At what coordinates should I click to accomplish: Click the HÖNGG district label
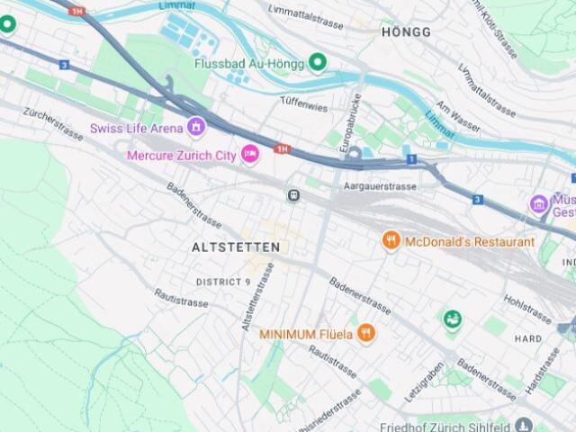click(x=406, y=32)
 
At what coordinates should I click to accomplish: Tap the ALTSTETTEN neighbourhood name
click(x=236, y=247)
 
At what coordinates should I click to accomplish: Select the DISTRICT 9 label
click(x=223, y=282)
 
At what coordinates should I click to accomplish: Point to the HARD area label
click(x=527, y=339)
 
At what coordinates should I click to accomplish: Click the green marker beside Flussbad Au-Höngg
click(x=317, y=62)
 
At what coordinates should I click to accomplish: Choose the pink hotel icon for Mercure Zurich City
click(x=252, y=155)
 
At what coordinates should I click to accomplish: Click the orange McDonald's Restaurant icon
click(x=391, y=240)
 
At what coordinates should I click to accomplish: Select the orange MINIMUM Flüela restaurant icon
click(x=365, y=333)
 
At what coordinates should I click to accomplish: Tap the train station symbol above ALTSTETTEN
click(x=293, y=194)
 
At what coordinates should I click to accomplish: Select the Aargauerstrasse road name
click(x=381, y=186)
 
